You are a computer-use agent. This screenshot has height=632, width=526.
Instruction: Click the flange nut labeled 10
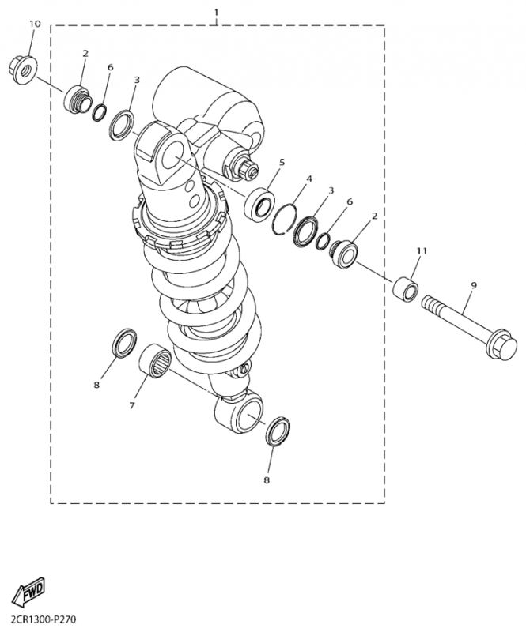tap(23, 70)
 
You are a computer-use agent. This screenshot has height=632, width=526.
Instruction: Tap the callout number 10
tap(35, 24)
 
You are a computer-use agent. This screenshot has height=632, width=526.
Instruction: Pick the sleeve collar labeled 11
tap(406, 288)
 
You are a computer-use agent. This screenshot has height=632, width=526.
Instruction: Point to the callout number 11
tap(422, 250)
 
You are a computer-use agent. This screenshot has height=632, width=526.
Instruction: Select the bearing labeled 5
tap(259, 204)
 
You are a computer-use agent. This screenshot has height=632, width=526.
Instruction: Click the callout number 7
tap(132, 406)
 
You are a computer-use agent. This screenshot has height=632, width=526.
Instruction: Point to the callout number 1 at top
tap(217, 13)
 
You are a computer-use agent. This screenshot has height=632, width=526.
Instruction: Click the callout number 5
tap(282, 162)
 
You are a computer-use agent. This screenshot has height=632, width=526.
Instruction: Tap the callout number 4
tap(308, 179)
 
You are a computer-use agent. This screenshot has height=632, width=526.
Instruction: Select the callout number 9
tap(474, 285)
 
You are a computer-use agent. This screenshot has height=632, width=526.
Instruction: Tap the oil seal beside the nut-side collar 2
tap(123, 125)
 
